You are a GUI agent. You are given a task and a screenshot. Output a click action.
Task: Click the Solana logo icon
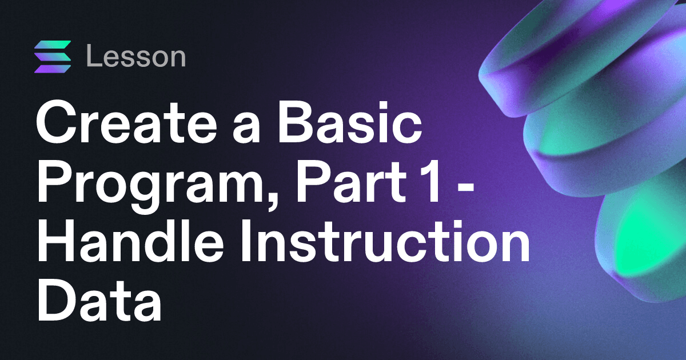click(53, 57)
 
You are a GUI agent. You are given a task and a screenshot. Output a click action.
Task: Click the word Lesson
click(136, 56)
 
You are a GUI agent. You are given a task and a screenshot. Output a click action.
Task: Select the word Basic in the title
click(349, 122)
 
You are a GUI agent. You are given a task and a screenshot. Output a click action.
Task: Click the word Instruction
click(385, 241)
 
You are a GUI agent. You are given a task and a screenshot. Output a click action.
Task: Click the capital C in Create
click(56, 122)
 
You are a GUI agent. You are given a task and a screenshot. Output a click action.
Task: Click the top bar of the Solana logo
click(53, 45)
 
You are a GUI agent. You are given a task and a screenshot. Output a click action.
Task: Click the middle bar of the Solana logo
click(53, 57)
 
